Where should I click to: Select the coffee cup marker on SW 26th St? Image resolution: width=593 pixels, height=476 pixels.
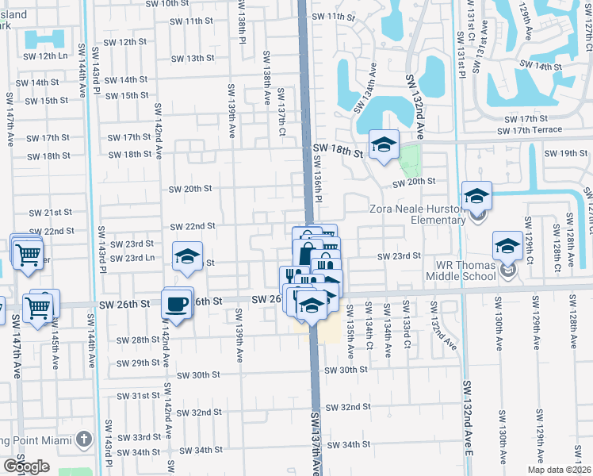(178, 303)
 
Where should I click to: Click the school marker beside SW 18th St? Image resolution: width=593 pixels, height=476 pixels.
(384, 145)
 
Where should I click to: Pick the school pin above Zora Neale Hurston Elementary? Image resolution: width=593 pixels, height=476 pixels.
(477, 196)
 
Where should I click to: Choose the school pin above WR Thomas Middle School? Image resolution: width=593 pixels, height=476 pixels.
(507, 246)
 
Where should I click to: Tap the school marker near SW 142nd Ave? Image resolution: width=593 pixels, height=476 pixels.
(187, 258)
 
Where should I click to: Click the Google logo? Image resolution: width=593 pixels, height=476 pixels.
(26, 466)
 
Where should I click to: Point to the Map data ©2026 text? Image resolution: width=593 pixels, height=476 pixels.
(560, 470)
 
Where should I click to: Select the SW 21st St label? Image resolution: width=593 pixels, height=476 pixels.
(51, 213)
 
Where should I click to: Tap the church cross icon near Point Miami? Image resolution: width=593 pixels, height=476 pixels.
(84, 440)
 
